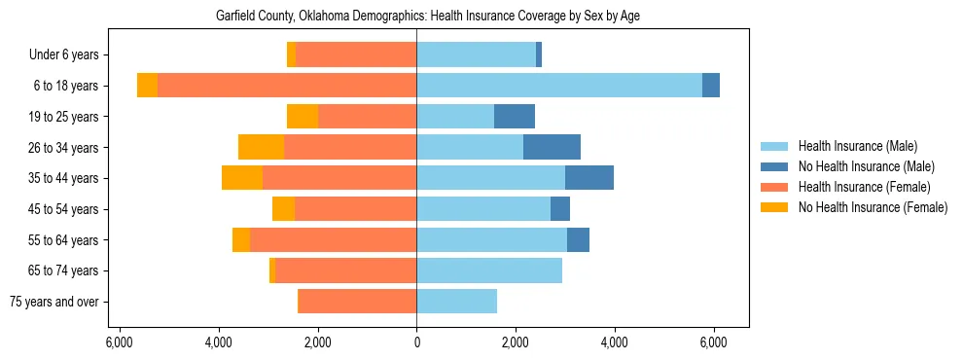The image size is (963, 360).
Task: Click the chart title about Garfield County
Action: pos(427,16)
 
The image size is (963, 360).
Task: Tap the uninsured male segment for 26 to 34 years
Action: pos(552,147)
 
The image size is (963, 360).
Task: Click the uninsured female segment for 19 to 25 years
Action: pos(303,117)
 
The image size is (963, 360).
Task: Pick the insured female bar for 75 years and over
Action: pos(357,302)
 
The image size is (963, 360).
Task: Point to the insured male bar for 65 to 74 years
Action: pos(489,270)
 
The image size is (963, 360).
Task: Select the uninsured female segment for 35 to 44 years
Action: pos(242,178)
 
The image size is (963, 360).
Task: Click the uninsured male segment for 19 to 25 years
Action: pos(515,117)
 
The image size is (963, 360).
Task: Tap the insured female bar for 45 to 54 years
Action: pos(355,209)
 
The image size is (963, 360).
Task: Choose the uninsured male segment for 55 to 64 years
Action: pos(578,239)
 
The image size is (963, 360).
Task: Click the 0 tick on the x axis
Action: pos(416,342)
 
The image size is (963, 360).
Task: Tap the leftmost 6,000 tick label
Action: pos(119,342)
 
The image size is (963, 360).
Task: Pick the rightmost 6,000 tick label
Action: pos(714,342)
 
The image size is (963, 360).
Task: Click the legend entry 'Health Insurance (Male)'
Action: pos(857,146)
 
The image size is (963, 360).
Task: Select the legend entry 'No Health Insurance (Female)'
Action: pos(873,207)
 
